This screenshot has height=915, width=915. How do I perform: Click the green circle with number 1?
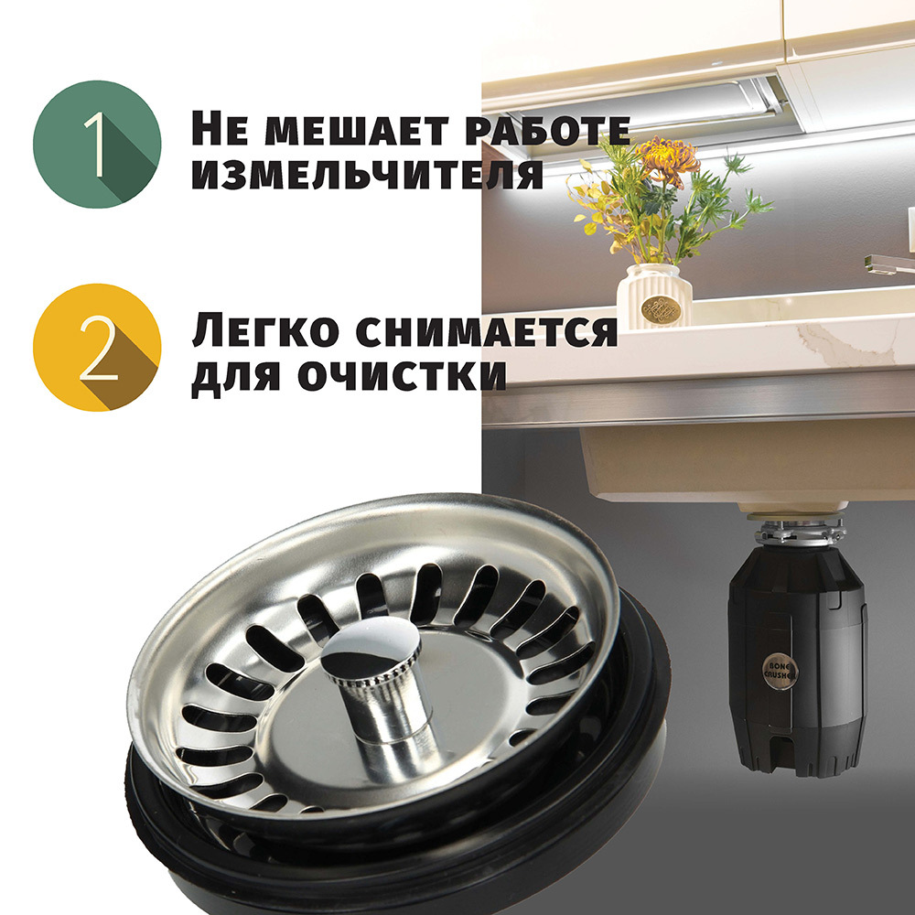97,145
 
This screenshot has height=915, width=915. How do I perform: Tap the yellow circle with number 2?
97,347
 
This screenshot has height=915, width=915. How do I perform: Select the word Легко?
265,331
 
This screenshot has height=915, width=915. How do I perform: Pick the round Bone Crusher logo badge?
780,671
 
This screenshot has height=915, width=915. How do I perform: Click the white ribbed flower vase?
654,296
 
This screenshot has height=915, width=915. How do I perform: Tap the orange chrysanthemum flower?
669,158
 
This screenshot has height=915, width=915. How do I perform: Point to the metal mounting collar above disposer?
800,529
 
